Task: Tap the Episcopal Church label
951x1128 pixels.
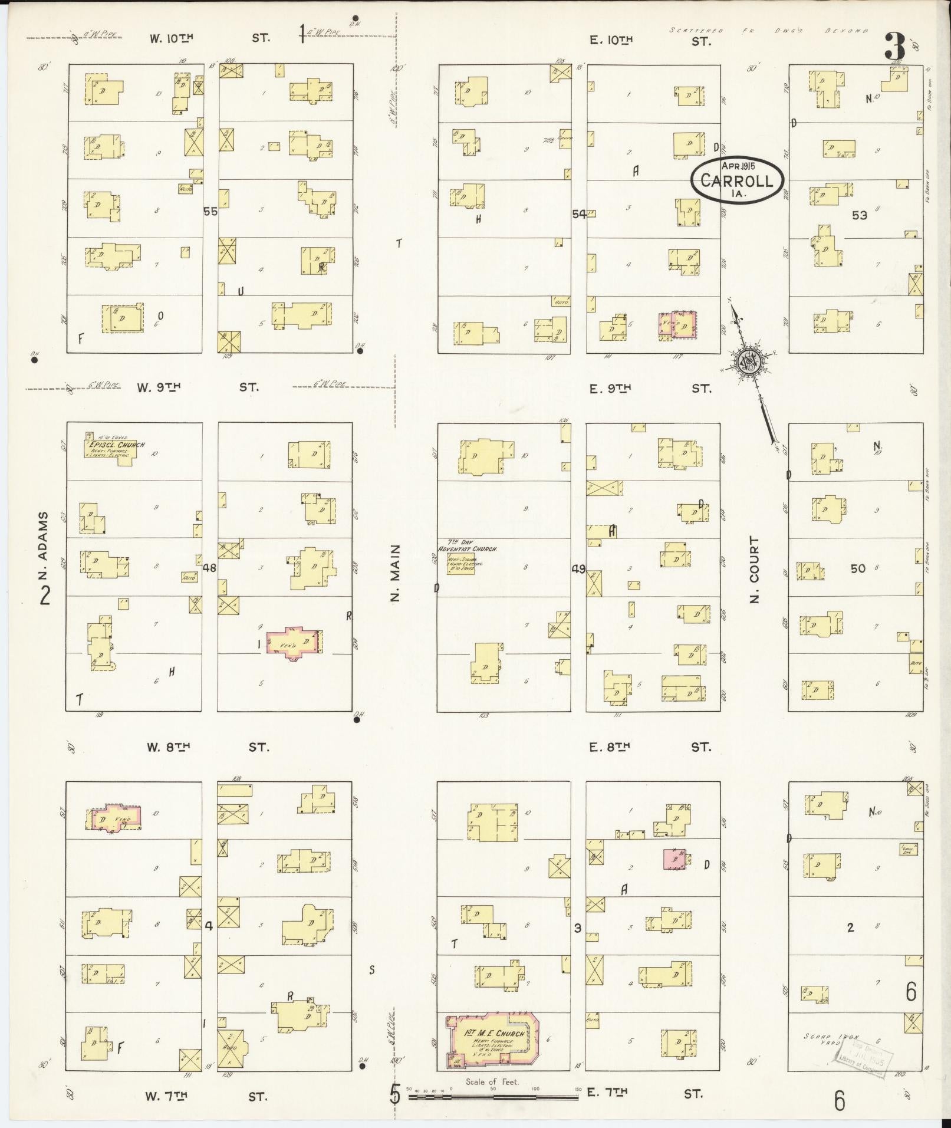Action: [116, 445]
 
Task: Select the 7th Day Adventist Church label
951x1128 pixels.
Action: [467, 548]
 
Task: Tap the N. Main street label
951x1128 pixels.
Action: [396, 572]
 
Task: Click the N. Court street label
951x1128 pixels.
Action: [754, 568]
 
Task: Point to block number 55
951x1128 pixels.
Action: [210, 211]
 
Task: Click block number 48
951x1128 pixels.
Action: [209, 568]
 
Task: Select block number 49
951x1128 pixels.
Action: [578, 569]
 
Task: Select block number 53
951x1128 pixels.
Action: [859, 215]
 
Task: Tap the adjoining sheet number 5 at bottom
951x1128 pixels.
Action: [394, 1094]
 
